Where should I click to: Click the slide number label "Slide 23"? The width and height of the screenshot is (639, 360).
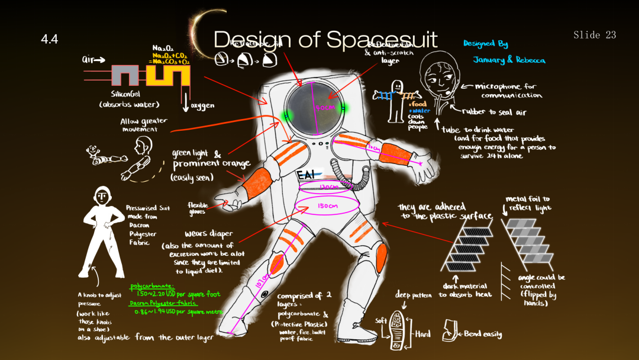595,36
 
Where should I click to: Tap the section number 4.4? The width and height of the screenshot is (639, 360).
50,40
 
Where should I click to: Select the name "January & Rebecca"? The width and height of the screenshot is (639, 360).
509,60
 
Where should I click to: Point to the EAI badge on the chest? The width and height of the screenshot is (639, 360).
306,175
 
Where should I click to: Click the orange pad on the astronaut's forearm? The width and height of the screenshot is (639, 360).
257,183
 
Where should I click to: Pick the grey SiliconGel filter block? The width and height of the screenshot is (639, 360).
124,75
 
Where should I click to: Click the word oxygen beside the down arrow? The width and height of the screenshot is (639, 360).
202,105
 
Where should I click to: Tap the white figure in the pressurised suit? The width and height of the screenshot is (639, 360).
103,231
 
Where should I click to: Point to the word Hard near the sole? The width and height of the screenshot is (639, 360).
422,334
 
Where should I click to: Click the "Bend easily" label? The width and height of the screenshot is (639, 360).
483,334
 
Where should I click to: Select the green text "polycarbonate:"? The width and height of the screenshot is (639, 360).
153,285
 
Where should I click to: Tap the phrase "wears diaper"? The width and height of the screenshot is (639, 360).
208,233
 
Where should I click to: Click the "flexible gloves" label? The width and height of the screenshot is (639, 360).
197,208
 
